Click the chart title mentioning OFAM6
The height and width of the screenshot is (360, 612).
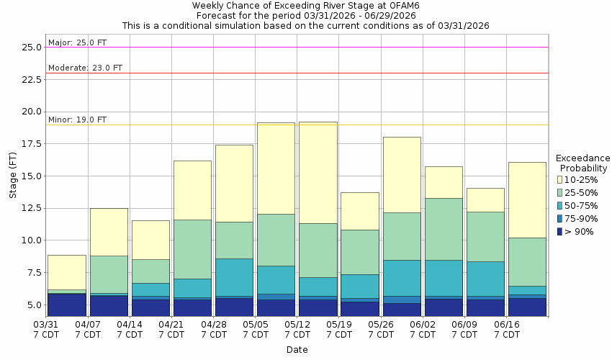(x=305, y=5)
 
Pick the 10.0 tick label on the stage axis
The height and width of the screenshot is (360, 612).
(x=31, y=240)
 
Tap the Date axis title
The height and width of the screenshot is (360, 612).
(x=297, y=350)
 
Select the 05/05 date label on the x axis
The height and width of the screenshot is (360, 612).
(x=255, y=325)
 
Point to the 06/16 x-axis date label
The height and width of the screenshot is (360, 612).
(x=506, y=325)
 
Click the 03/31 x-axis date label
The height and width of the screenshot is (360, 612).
(x=46, y=325)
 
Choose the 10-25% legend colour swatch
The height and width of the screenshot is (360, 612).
(x=559, y=179)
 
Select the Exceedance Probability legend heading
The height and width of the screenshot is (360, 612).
(x=582, y=163)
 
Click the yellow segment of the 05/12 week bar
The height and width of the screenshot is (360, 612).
(x=318, y=173)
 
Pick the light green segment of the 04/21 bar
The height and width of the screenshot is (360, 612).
(x=192, y=249)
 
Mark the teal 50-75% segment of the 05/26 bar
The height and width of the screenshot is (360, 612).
(x=401, y=278)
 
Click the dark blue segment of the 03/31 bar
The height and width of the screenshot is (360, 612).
(x=67, y=305)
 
